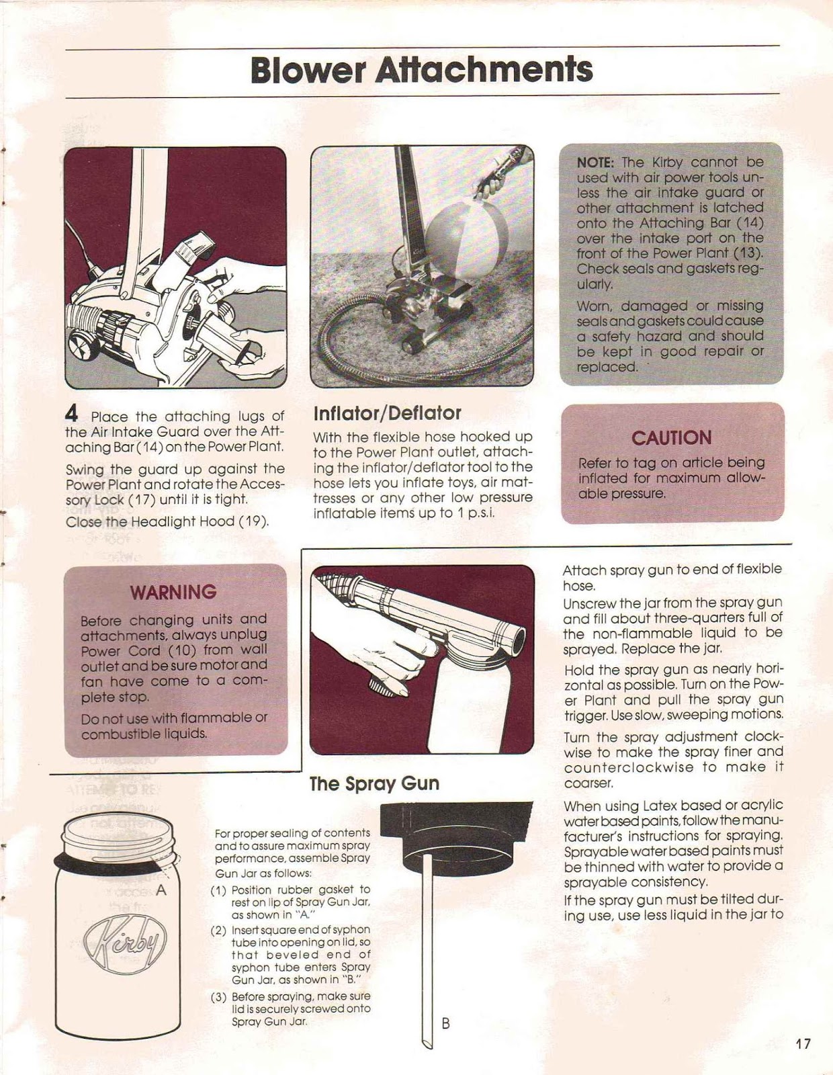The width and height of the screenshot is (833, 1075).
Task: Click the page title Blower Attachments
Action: (x=421, y=70)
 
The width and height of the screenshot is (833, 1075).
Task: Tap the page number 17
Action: (x=803, y=1044)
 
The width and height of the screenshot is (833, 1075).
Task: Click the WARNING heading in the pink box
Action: (x=173, y=593)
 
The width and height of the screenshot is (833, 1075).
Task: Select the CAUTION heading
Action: (x=671, y=438)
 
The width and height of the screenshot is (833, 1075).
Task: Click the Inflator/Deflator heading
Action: (x=387, y=413)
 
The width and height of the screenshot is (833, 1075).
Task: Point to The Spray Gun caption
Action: (x=374, y=784)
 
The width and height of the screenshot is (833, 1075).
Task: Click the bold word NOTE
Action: (x=595, y=163)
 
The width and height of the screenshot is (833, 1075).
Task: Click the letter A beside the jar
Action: (x=161, y=891)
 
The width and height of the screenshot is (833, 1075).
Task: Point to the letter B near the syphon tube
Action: (x=445, y=1024)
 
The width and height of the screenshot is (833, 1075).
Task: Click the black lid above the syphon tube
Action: (x=457, y=833)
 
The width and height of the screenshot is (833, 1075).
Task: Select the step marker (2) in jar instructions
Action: (x=218, y=931)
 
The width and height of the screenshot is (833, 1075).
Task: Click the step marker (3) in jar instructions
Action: (x=218, y=997)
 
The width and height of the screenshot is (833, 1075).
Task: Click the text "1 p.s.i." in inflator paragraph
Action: (x=475, y=513)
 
